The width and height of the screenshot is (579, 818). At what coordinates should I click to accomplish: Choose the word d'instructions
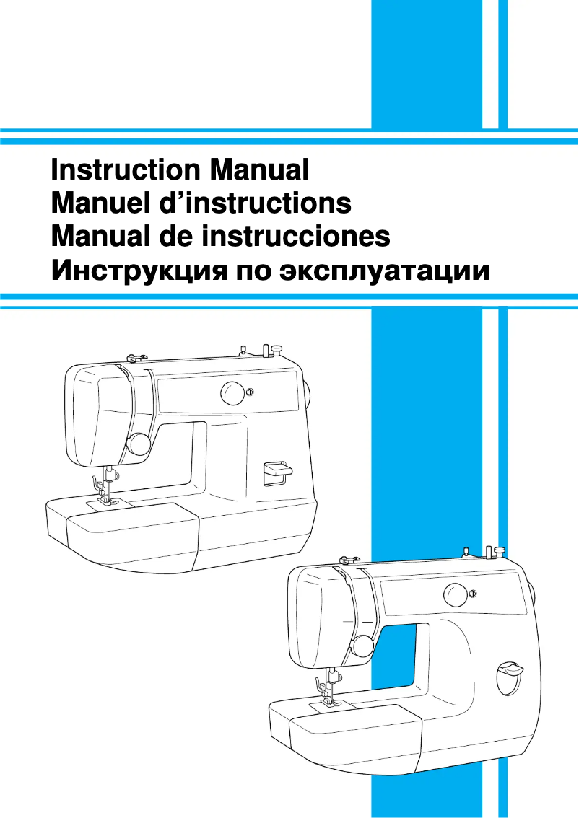253,203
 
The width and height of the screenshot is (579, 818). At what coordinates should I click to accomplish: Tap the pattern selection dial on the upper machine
232,392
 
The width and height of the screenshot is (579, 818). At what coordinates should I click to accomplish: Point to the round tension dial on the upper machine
139,444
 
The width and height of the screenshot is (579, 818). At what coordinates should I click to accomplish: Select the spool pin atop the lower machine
498,553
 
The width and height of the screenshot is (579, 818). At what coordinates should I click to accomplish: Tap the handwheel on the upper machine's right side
307,393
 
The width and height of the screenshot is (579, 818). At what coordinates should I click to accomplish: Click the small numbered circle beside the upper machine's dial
249,392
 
